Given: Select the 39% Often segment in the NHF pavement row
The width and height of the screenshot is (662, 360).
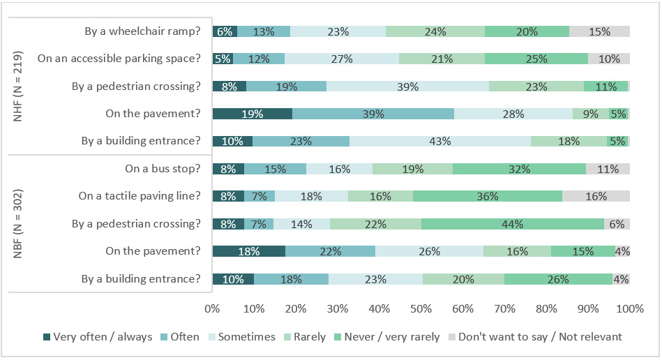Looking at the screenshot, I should click(373, 114).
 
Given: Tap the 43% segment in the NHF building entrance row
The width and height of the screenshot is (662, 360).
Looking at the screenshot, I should click(440, 141).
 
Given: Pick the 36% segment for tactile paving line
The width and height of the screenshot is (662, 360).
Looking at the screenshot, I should click(488, 196).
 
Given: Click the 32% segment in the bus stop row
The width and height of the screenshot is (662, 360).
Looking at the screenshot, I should click(519, 169).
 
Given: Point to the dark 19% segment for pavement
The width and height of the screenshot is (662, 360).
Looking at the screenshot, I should click(252, 114).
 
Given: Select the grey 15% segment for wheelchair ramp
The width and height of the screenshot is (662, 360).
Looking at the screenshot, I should click(599, 31).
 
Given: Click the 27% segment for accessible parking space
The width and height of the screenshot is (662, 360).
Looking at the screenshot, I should click(342, 59).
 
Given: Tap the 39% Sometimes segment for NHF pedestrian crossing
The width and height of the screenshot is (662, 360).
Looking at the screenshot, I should click(407, 87).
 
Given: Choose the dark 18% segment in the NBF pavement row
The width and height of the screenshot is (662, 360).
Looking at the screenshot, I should click(249, 251).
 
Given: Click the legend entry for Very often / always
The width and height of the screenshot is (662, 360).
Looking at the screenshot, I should click(97, 337).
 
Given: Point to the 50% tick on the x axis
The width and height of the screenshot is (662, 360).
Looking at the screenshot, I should click(421, 309).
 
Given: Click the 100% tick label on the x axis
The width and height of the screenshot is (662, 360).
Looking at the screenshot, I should click(629, 309).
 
